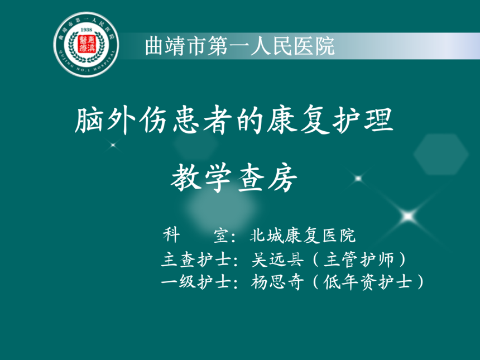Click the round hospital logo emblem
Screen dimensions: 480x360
(86, 45)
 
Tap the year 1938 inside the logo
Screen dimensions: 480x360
(86, 30)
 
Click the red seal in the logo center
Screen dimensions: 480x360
(87, 44)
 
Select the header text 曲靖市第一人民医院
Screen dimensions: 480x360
(239, 46)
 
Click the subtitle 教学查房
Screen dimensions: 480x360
(234, 177)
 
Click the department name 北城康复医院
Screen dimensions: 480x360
(303, 236)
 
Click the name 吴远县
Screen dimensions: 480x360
(277, 260)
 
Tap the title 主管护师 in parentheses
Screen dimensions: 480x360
(359, 260)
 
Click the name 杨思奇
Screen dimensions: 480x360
(277, 282)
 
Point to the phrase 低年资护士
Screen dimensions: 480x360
(367, 282)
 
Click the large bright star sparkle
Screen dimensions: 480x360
(408, 216)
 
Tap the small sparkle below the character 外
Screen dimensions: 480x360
(113, 145)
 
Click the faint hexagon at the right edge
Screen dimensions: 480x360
(441, 154)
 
